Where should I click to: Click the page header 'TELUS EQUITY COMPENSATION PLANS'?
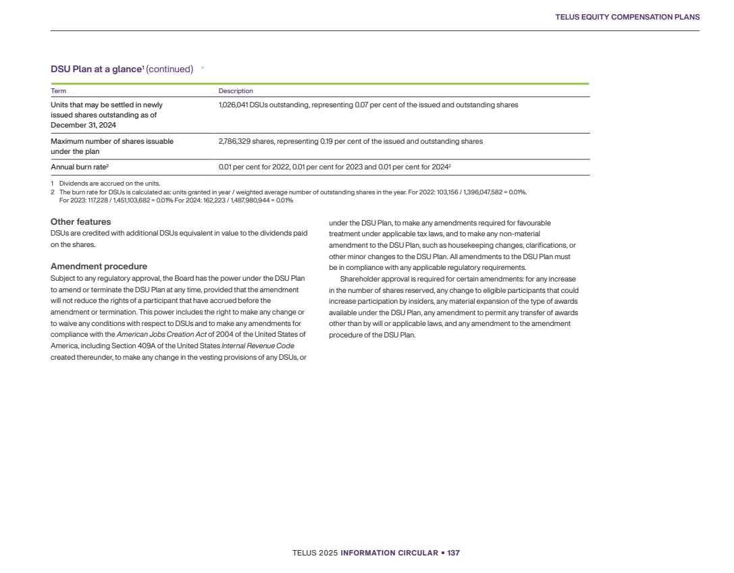627,17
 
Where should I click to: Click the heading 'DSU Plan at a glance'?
94,69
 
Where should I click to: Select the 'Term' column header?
59,91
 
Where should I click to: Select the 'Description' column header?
236,91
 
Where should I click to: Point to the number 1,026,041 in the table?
233,105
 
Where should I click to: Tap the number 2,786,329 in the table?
234,142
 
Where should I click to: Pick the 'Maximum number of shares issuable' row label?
112,142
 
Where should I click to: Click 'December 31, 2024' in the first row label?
83,125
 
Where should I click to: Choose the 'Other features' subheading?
81,222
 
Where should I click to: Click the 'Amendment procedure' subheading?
99,267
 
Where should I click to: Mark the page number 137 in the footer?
453,553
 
